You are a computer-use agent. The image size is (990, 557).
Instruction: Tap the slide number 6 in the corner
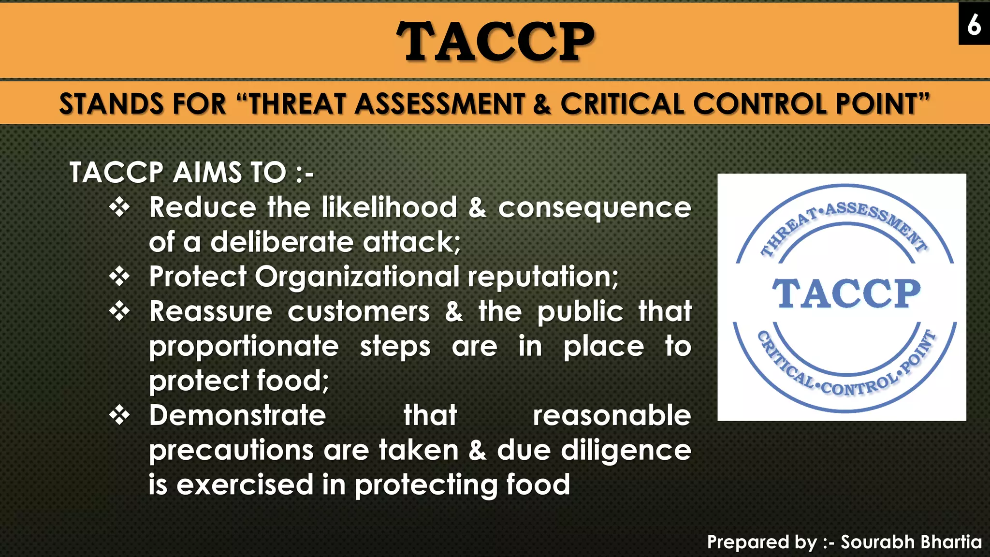pyautogui.click(x=974, y=24)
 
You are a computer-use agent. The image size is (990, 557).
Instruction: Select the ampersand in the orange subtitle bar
pyautogui.click(x=542, y=104)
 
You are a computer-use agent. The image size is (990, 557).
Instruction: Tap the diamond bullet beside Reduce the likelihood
pyautogui.click(x=119, y=208)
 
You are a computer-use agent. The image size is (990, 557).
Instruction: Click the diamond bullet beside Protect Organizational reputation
pyautogui.click(x=119, y=277)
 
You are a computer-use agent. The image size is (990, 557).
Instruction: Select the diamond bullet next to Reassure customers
pyautogui.click(x=119, y=312)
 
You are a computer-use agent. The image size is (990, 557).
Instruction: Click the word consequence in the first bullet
pyautogui.click(x=595, y=208)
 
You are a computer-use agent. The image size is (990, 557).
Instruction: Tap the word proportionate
pyautogui.click(x=244, y=347)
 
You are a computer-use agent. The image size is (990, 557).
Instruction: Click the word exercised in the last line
pyautogui.click(x=245, y=485)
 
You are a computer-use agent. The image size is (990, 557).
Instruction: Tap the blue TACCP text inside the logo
pyautogui.click(x=846, y=293)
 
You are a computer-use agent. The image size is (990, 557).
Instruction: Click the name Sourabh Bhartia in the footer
pyautogui.click(x=911, y=542)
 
